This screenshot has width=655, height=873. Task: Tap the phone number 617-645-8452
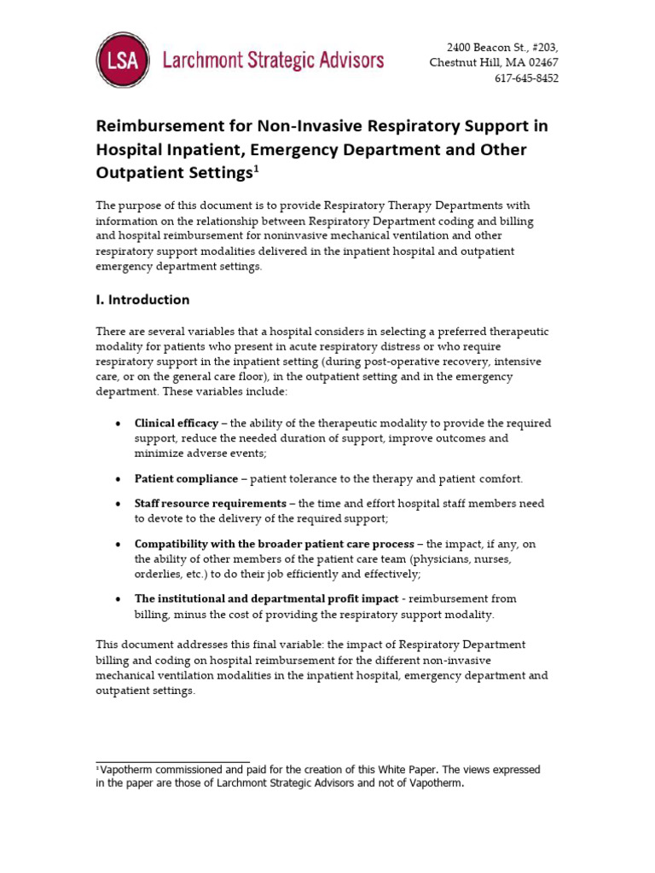tap(527, 78)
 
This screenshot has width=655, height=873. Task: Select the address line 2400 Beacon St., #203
tap(503, 47)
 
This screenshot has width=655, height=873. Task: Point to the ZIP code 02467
tap(540, 62)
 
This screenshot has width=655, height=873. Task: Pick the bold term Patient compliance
tap(186, 479)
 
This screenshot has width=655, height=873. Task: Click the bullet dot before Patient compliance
tap(118, 480)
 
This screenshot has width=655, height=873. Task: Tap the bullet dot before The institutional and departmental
tap(118, 599)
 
